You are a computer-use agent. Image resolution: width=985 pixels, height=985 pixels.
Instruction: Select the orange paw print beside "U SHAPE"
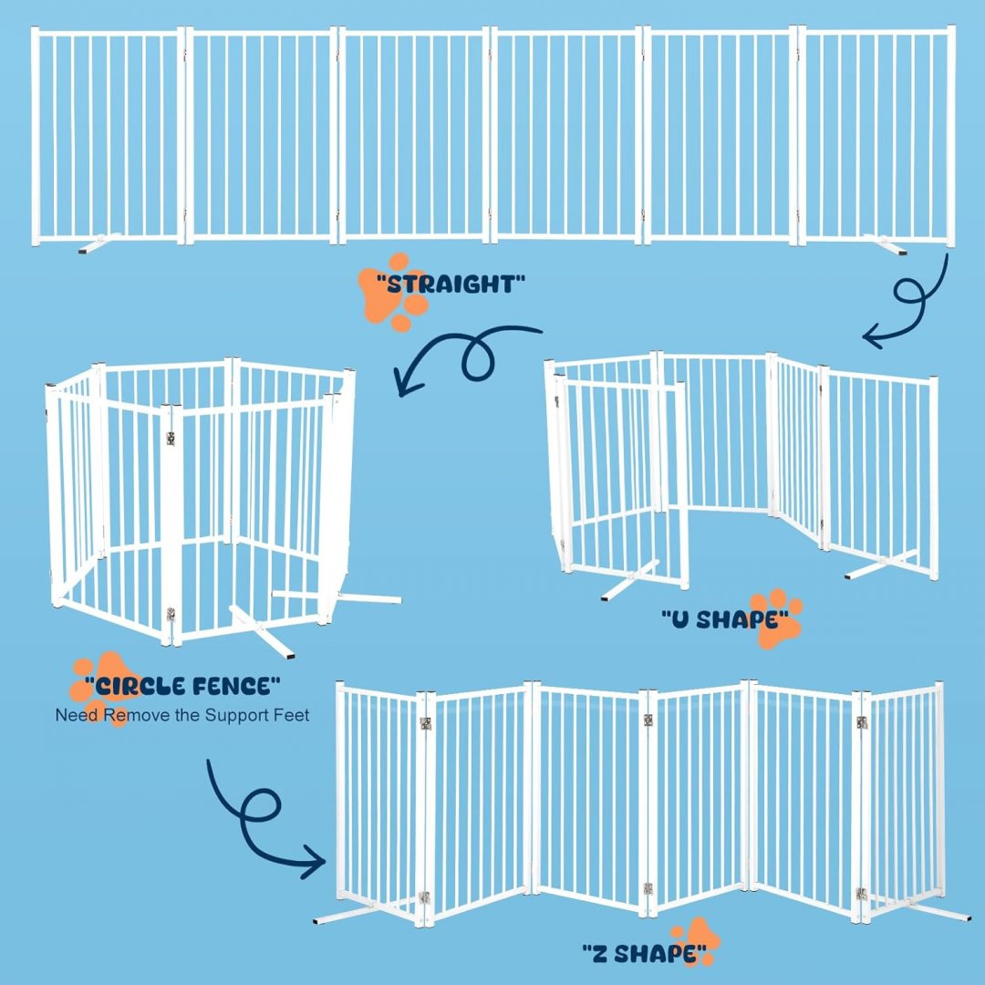coord(776,618)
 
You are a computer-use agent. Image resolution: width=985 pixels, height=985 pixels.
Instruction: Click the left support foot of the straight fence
coord(99,244)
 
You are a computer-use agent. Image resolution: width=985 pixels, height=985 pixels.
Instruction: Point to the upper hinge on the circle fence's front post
coord(171,438)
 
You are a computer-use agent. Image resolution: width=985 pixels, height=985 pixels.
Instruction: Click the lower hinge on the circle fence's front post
coord(171,614)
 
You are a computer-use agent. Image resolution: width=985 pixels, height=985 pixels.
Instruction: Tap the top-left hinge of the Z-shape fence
coord(426,723)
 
